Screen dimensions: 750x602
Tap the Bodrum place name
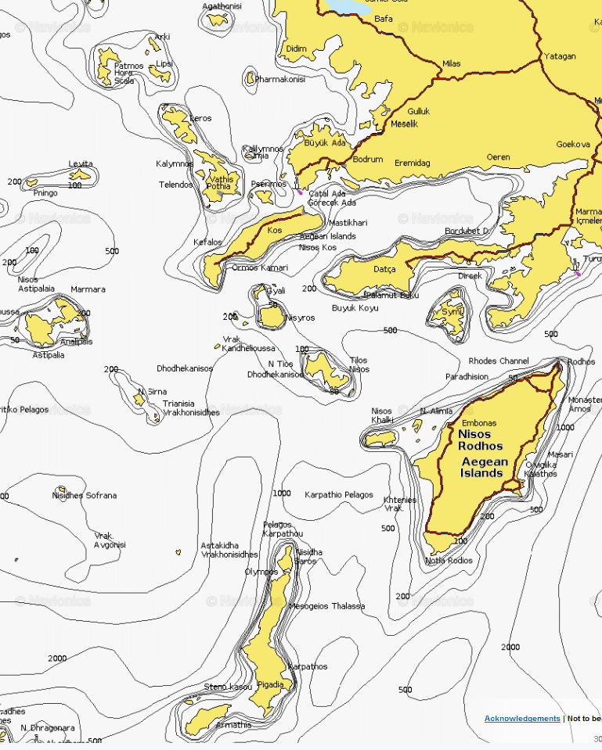tap(368, 160)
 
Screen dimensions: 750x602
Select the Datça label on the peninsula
tap(384, 269)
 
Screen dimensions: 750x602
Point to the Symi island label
tap(452, 311)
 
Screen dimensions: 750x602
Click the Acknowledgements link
tap(522, 718)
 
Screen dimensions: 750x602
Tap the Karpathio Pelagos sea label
tap(339, 495)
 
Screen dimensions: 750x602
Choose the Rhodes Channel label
tap(499, 361)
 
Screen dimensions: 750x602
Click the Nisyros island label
tap(300, 318)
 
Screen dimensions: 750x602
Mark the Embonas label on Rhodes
tap(479, 423)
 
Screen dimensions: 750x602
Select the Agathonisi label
tap(222, 6)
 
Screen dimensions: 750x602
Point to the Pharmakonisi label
tap(279, 79)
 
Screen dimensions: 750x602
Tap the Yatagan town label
tap(559, 56)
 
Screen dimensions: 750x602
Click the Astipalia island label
tap(49, 355)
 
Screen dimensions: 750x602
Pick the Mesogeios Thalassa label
tap(326, 606)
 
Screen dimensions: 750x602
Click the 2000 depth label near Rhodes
tap(510, 647)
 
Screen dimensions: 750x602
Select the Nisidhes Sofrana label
tap(85, 495)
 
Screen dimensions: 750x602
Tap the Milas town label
tap(452, 64)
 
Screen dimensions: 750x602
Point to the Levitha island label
tap(80, 164)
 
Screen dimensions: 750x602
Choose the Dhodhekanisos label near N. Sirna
tap(185, 368)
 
